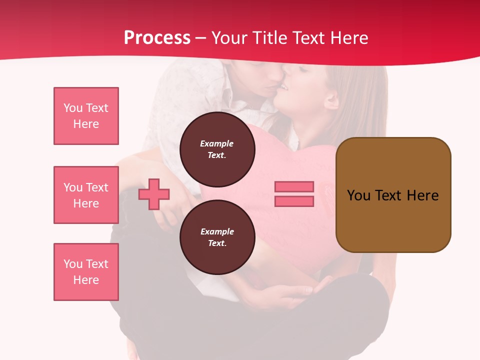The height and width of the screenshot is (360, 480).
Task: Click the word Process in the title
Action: point(157,38)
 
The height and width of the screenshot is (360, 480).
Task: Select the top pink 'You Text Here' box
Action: point(86,116)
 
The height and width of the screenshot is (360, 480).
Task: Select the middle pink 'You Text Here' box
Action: point(86,195)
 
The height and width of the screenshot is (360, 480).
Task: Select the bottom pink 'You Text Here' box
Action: point(86,272)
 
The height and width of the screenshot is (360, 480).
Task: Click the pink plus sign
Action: point(154,194)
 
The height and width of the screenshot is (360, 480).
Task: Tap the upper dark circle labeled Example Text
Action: point(217,149)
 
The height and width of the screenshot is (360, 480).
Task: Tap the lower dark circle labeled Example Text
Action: point(217,237)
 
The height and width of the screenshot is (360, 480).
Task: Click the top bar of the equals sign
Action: point(294,186)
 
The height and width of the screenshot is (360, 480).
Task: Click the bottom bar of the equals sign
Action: point(294,201)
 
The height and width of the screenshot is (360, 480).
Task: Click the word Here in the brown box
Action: point(422,195)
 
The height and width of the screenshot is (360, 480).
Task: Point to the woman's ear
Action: point(331,100)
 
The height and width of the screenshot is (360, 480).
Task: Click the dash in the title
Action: point(200,38)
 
